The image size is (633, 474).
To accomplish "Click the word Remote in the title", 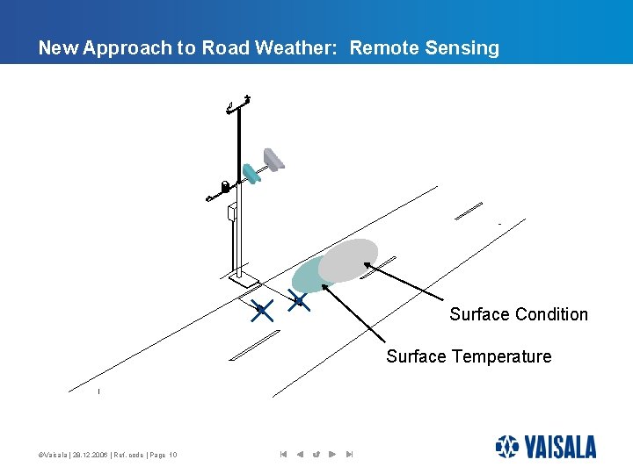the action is [383, 48].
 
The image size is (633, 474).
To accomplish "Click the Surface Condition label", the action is [519, 314].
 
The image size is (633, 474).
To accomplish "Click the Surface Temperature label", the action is [469, 356].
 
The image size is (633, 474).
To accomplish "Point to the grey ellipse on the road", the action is [350, 259].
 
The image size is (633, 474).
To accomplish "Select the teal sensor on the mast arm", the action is [252, 173].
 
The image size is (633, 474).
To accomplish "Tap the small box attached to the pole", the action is [232, 212].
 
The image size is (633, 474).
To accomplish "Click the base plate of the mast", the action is [243, 281].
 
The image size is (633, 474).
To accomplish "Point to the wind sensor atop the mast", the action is [238, 104].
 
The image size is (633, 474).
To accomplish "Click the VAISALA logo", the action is [545, 447].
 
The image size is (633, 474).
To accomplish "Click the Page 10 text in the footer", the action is [162, 455].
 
